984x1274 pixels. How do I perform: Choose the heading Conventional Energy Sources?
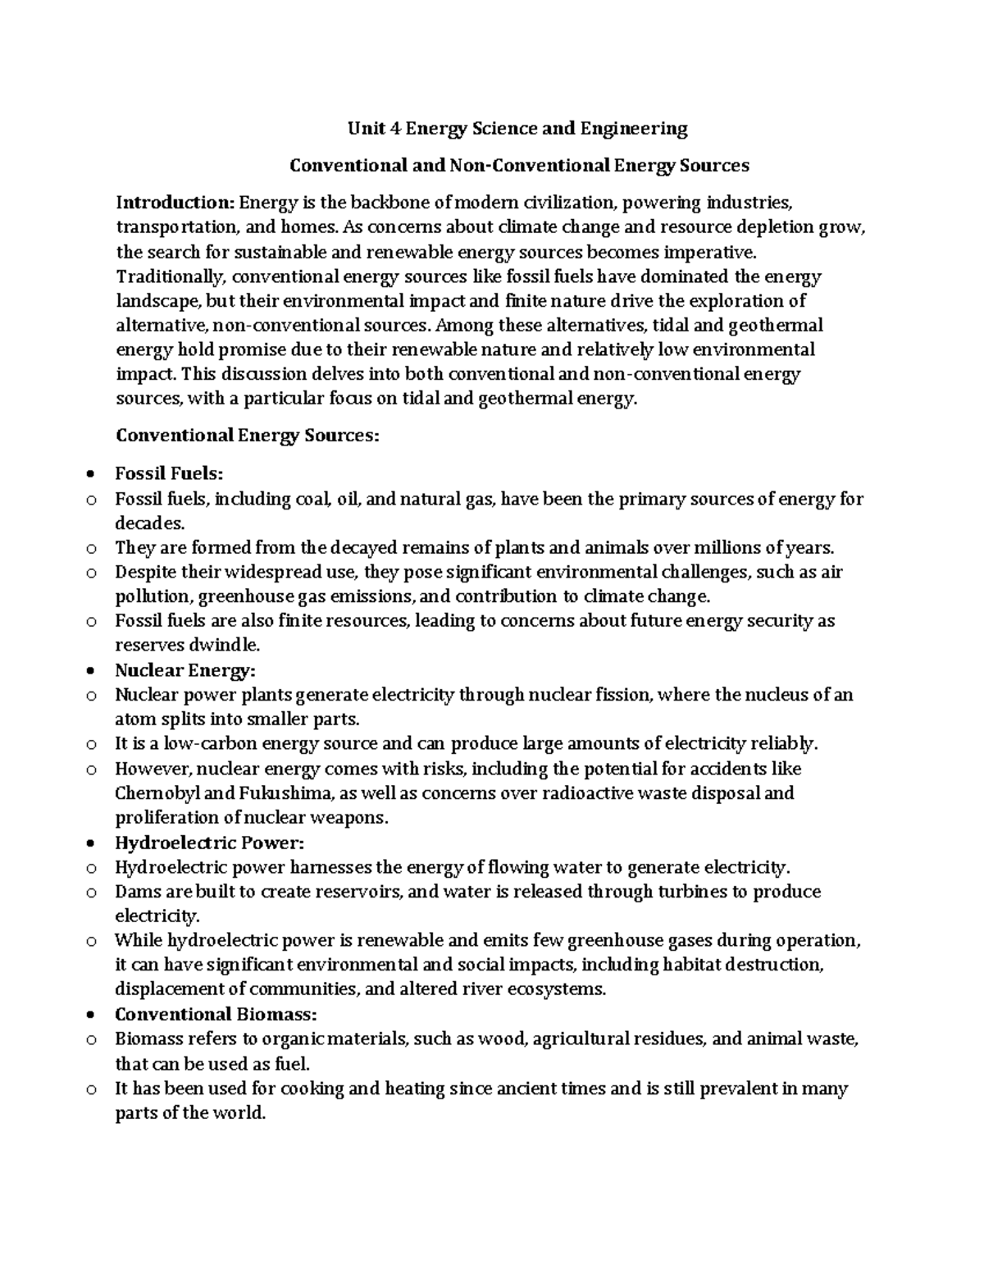[x=248, y=435]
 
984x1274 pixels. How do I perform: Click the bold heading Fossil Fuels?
[x=169, y=473]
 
